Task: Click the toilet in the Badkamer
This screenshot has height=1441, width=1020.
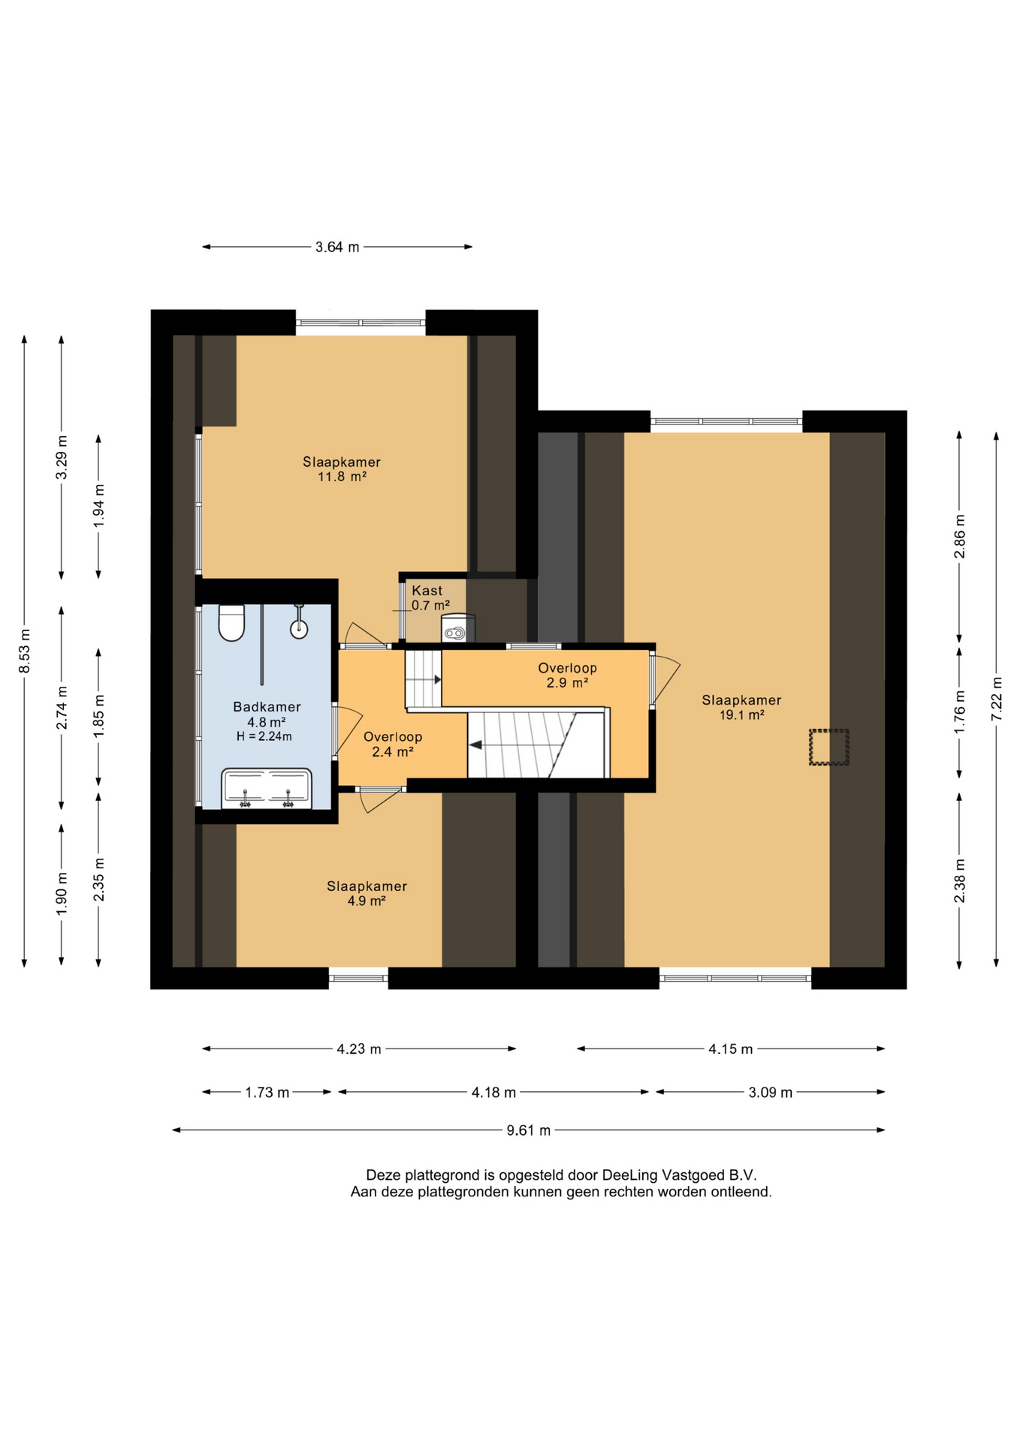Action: (231, 622)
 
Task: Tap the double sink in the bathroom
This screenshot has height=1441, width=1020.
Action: (267, 788)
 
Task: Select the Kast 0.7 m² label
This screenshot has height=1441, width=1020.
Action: (430, 597)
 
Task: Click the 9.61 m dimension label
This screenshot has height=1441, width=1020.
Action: (529, 1130)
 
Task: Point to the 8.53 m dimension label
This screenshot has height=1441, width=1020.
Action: (25, 649)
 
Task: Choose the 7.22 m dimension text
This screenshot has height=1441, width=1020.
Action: (996, 698)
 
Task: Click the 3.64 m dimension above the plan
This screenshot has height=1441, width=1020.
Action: (337, 247)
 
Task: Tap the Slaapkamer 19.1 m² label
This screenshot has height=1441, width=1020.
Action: (741, 707)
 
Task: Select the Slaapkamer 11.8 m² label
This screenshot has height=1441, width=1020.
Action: (342, 469)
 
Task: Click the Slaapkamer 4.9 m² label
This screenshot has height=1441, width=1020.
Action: (367, 893)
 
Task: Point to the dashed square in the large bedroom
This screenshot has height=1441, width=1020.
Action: (828, 747)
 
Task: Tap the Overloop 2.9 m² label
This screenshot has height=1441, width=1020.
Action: (567, 675)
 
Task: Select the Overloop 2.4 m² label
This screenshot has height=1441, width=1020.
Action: (393, 744)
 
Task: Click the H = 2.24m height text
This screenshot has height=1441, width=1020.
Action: (264, 736)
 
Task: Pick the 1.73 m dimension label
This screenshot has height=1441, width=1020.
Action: (267, 1092)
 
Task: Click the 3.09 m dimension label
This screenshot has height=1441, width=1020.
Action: (771, 1092)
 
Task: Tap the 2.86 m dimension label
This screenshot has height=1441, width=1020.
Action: (959, 537)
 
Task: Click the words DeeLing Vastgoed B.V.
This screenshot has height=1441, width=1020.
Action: (679, 1175)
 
